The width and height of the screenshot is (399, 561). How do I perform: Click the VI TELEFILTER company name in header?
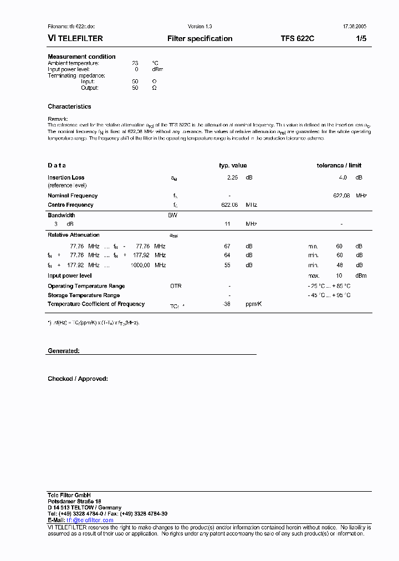[75, 39]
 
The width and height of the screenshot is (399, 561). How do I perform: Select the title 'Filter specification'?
[199, 39]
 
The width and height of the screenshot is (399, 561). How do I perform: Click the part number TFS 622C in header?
[298, 39]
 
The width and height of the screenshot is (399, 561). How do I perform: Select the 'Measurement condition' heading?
[81, 57]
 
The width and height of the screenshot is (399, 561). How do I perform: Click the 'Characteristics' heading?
[69, 106]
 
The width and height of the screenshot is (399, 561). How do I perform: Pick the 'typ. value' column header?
[233, 166]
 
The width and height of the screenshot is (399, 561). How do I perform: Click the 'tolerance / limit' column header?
[339, 166]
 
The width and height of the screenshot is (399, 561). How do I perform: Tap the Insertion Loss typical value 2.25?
[232, 178]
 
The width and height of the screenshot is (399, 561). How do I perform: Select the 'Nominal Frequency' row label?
[73, 196]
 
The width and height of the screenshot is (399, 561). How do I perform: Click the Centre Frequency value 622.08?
[229, 205]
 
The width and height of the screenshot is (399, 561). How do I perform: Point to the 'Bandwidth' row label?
[62, 215]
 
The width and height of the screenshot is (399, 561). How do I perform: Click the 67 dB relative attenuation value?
[227, 246]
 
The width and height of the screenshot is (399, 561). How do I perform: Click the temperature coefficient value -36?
[226, 304]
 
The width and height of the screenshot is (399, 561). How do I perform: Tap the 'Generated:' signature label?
[64, 351]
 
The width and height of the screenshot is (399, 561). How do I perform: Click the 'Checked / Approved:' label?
[78, 379]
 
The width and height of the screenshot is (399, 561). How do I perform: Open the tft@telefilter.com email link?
[90, 520]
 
